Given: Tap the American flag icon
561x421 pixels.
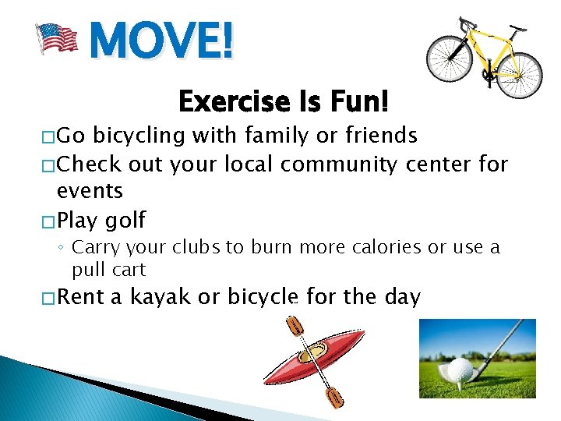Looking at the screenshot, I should coord(58,37).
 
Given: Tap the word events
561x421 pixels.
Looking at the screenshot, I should coord(90,191).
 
